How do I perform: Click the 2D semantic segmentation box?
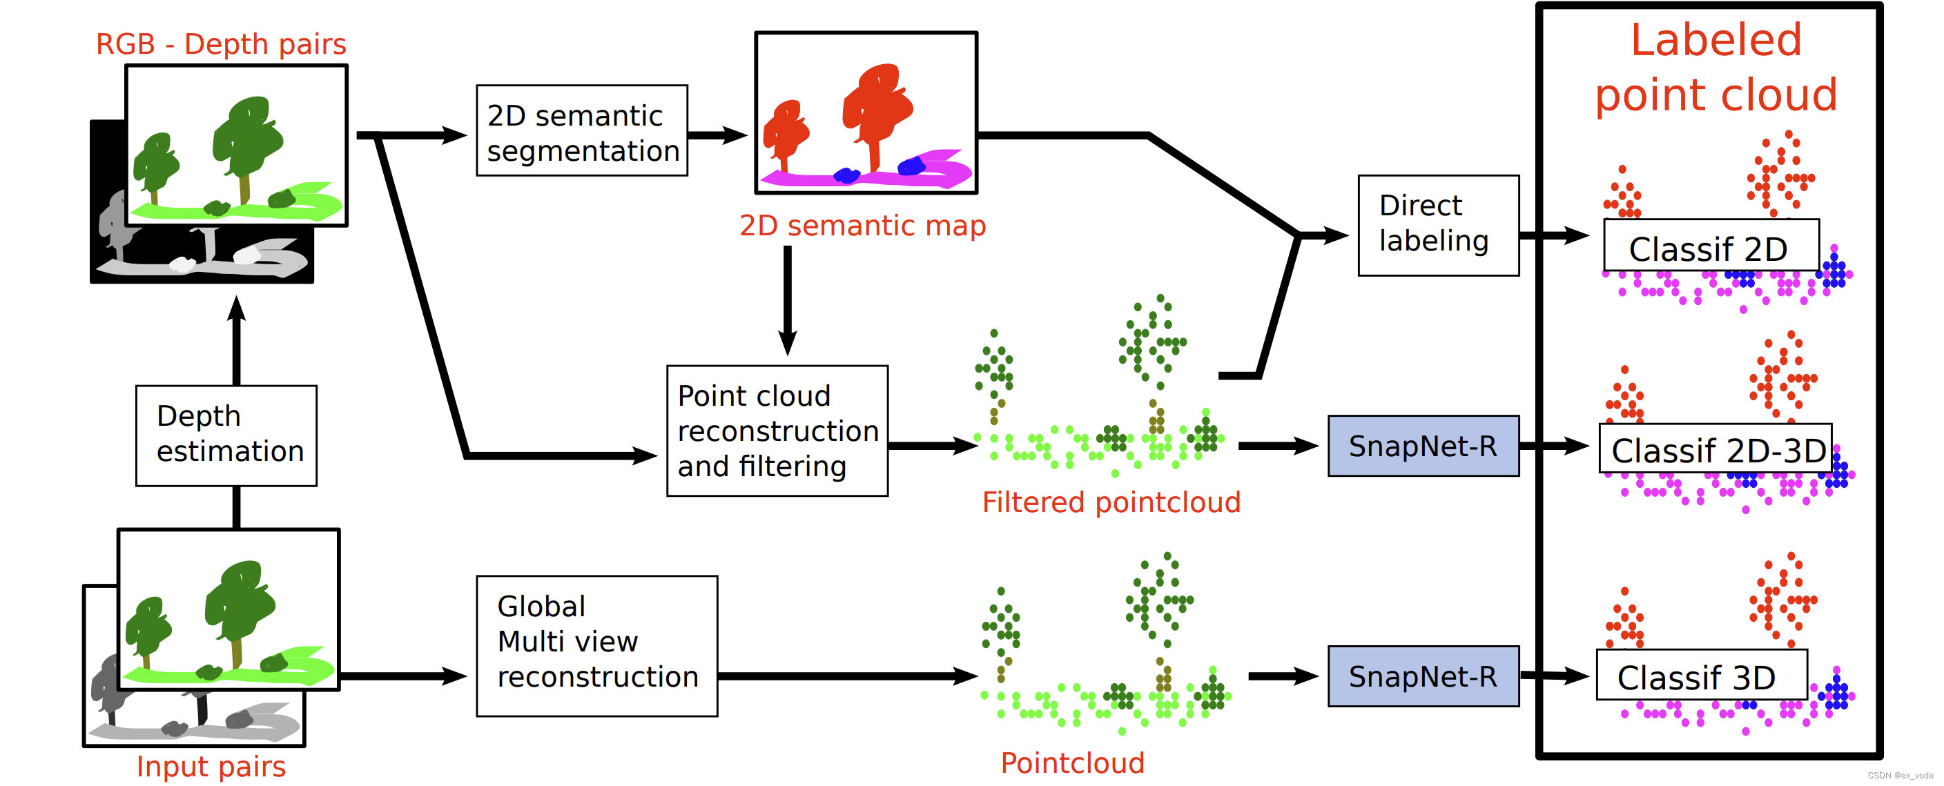(582, 130)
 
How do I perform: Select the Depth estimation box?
(226, 435)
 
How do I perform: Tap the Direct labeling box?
(1437, 225)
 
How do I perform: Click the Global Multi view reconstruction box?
(596, 645)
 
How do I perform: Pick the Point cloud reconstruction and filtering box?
(777, 430)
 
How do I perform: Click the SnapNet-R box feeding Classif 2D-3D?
(1423, 445)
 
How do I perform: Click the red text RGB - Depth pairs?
(220, 43)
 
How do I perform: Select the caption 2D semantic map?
(862, 225)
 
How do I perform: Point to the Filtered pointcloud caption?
(1110, 502)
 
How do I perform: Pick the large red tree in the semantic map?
(876, 106)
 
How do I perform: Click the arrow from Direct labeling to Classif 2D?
(1555, 235)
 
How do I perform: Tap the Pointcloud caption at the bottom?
(1071, 762)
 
